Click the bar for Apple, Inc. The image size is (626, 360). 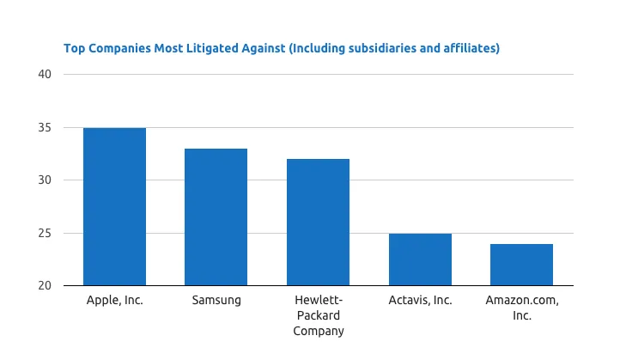tap(114, 206)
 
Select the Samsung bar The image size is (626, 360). tap(216, 217)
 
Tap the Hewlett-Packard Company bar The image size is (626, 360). tap(318, 222)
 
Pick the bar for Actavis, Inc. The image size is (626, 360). tap(420, 259)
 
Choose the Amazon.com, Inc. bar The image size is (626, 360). tap(521, 265)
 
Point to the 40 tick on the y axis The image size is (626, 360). tap(46, 75)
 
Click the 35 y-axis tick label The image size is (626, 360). tap(46, 128)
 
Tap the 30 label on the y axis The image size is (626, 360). tap(46, 180)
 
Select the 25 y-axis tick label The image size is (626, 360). tap(46, 234)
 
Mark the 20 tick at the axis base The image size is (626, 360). tap(46, 286)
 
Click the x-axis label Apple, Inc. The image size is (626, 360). tap(114, 301)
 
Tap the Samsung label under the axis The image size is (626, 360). tap(216, 301)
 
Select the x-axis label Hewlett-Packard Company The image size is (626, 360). tap(318, 315)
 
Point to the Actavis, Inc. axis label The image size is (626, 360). tap(420, 301)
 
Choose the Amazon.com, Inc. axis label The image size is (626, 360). tap(521, 308)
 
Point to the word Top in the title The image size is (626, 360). tap(74, 48)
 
